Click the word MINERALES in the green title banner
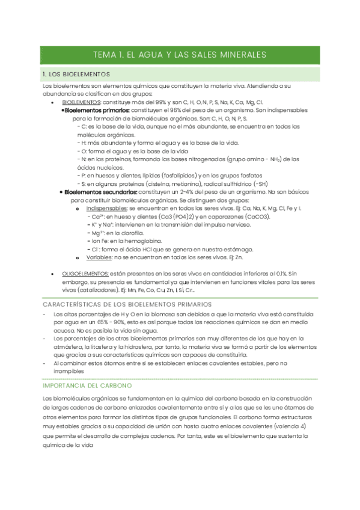(x=239, y=55)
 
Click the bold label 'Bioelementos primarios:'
(x=97, y=111)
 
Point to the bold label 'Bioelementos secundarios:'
(x=100, y=192)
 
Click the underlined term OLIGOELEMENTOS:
(x=86, y=272)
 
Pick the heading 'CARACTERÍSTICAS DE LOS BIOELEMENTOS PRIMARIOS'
(x=127, y=304)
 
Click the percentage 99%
(x=159, y=103)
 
